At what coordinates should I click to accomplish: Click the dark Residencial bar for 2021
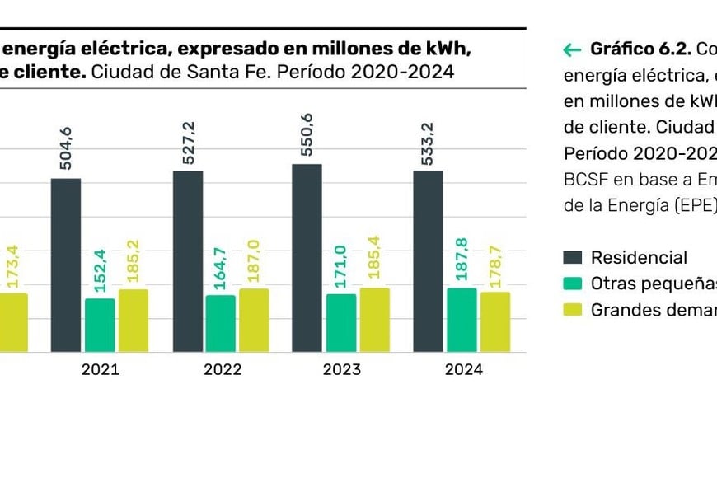coord(66,265)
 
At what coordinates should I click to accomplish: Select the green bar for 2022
coord(220,323)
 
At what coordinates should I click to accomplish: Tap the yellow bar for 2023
coord(374,320)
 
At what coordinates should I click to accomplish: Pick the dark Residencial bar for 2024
coord(428,261)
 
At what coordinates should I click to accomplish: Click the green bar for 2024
coord(462,320)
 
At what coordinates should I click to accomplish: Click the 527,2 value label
coord(187,143)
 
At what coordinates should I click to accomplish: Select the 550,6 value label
coord(307,136)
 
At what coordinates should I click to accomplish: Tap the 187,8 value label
coord(462,260)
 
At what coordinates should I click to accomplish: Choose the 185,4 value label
coord(374,257)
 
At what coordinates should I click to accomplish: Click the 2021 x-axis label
coord(100,369)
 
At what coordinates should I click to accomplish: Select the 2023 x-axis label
coord(341,369)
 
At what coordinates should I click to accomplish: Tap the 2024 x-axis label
coord(463,369)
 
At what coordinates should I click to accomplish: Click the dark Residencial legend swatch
coord(574,258)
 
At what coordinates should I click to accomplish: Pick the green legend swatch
coord(574,284)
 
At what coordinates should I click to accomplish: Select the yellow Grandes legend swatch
coord(574,310)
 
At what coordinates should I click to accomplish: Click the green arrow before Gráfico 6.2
coord(572,49)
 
